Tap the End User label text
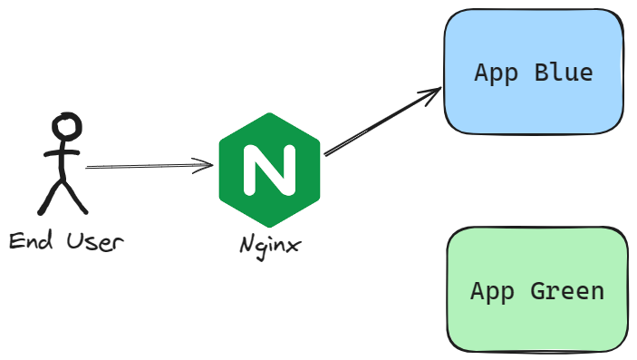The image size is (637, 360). [x=65, y=241]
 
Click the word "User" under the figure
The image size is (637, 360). [x=94, y=241]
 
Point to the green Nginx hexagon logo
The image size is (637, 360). [x=269, y=170]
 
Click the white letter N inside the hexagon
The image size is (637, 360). [x=269, y=170]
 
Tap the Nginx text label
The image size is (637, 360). [x=270, y=245]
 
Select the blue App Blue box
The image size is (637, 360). [x=534, y=72]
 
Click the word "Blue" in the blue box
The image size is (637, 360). [x=563, y=73]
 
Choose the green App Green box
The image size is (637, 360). [x=537, y=290]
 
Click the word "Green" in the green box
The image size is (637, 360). [x=566, y=291]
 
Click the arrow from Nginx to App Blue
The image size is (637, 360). [x=381, y=122]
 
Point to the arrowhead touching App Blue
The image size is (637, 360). [x=433, y=92]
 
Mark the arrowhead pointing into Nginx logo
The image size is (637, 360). [x=208, y=165]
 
